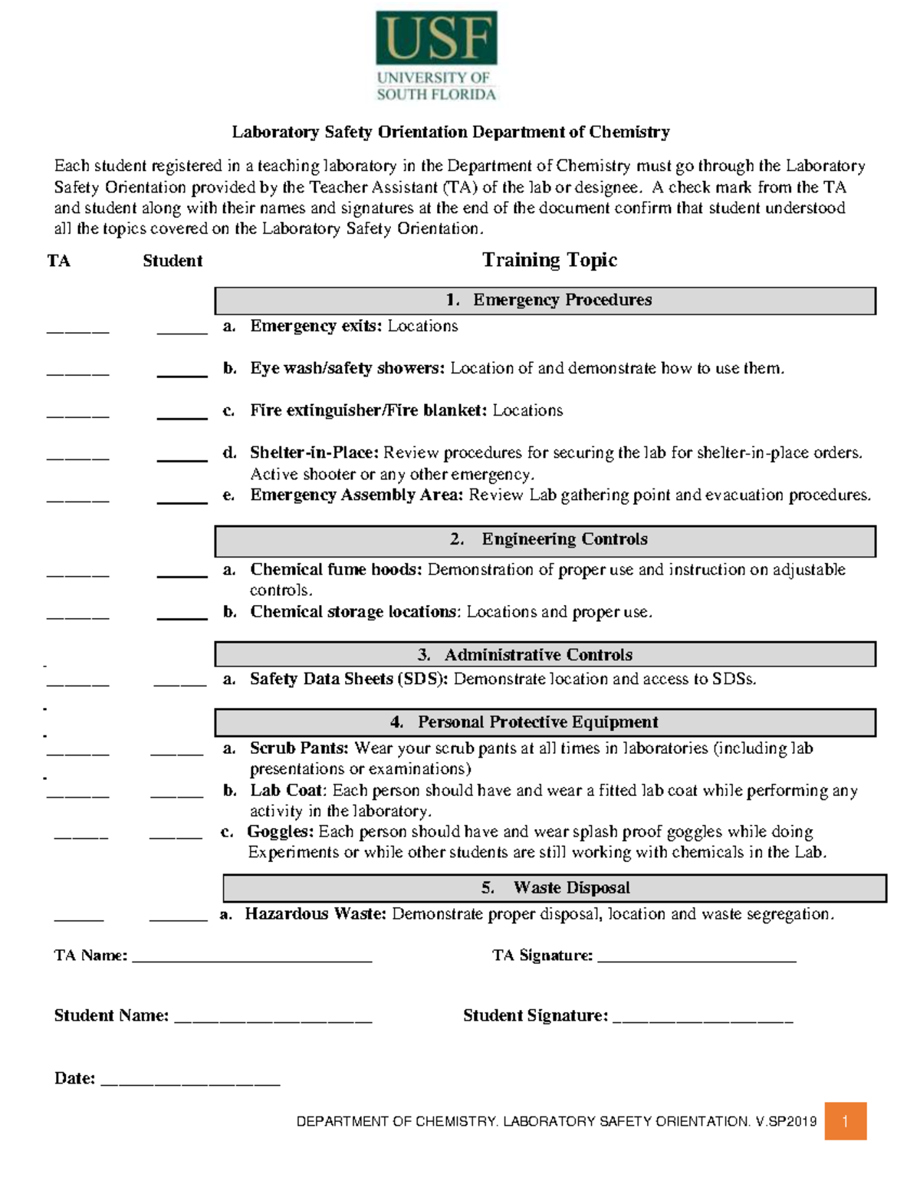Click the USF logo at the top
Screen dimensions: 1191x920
pos(436,56)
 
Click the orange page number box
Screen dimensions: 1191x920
pos(845,1121)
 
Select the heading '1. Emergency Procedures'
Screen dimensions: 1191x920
pos(545,301)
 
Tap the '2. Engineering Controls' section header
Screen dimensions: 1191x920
pos(545,540)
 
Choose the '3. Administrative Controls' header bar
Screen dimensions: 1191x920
pos(545,655)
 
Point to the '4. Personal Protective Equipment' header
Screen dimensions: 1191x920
pos(545,722)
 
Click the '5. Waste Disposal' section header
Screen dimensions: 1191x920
pos(554,888)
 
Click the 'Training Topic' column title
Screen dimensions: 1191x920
pos(549,261)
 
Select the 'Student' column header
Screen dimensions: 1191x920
pos(172,262)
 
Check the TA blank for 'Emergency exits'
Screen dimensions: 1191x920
pos(77,331)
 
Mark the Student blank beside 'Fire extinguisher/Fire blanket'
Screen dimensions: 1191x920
pos(182,416)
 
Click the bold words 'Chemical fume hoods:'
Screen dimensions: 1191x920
pos(336,570)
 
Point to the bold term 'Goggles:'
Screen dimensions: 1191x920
pos(280,832)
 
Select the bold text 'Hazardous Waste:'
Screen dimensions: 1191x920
pos(315,914)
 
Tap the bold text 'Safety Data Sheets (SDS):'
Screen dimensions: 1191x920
pos(349,679)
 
